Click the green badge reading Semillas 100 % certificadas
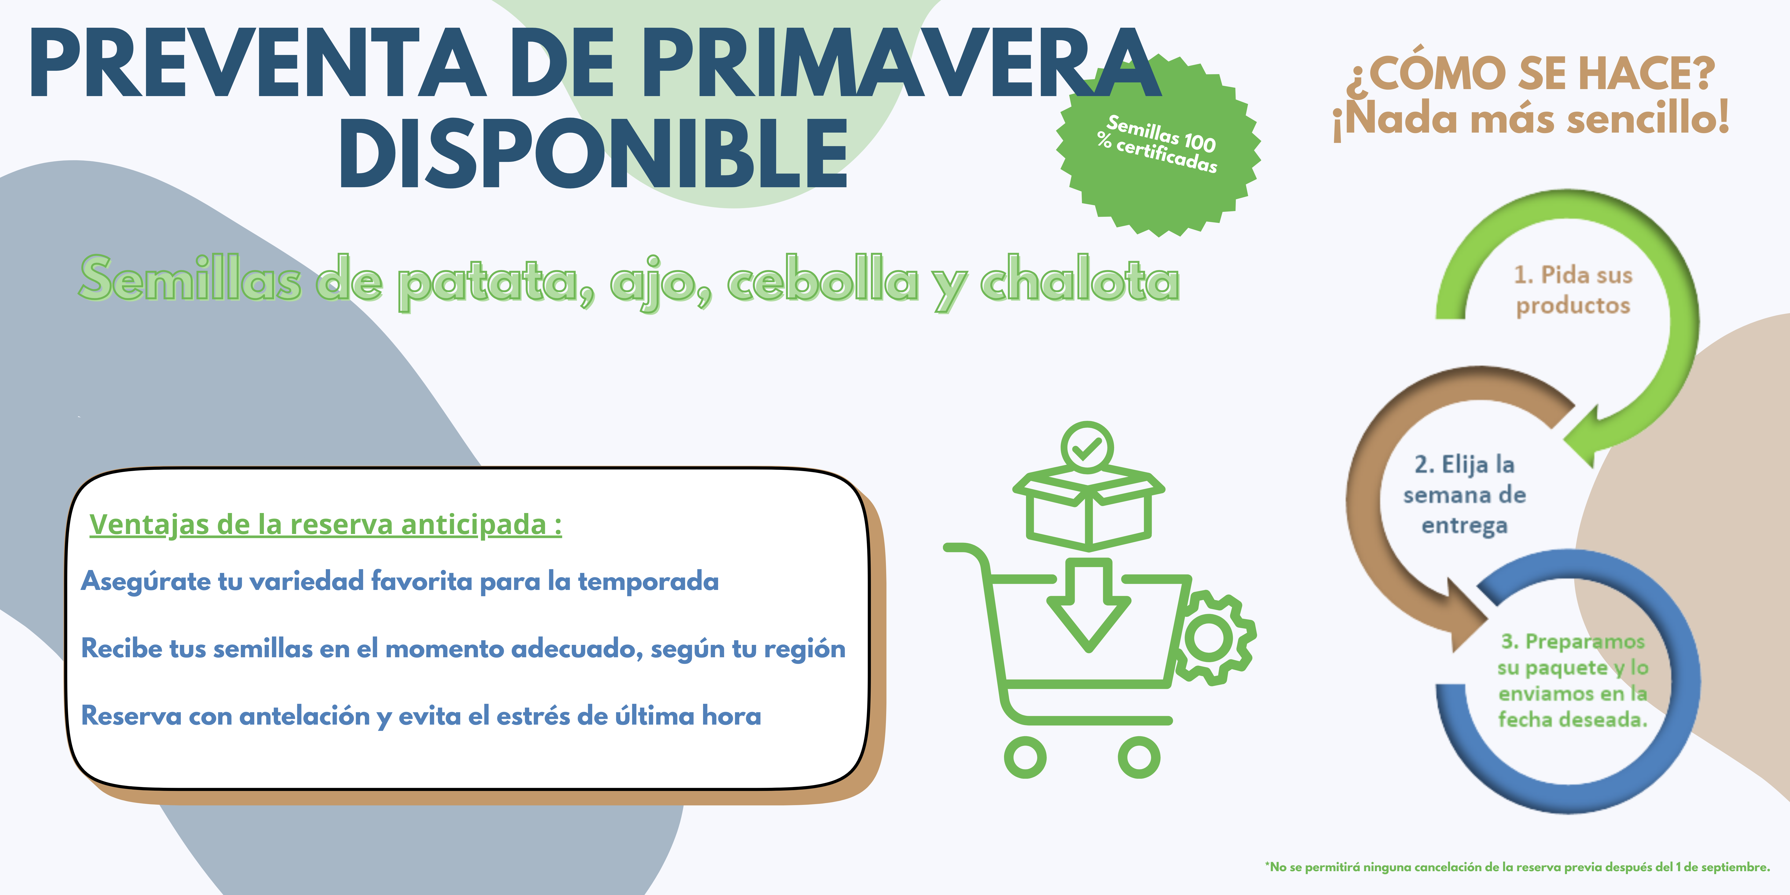click(x=1158, y=145)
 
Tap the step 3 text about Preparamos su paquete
click(x=1572, y=680)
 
